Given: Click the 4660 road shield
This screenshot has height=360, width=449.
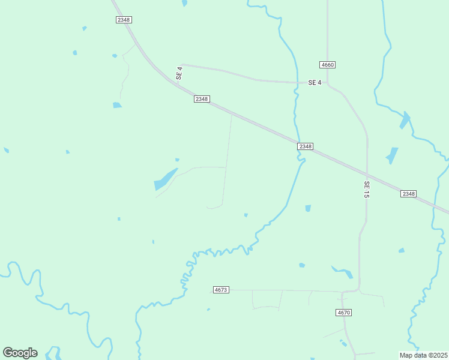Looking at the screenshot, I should (327, 65).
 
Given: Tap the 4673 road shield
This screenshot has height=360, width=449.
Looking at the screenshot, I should (221, 290).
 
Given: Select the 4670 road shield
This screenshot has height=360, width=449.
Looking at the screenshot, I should (343, 313).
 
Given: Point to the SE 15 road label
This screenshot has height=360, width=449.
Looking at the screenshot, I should (366, 190).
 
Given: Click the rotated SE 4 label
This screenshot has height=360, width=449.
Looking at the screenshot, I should (179, 74).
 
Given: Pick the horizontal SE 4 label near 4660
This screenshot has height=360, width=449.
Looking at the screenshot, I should (315, 82).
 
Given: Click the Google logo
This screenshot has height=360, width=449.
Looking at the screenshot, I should (20, 353).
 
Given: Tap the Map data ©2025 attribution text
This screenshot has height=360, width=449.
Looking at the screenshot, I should (424, 355).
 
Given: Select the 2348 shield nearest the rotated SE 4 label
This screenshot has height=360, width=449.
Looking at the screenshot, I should (202, 99).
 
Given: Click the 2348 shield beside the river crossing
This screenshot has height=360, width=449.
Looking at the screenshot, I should (306, 146).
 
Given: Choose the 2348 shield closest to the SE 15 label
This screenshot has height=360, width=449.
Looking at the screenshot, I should (408, 193).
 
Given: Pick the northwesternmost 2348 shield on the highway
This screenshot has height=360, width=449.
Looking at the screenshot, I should (124, 20).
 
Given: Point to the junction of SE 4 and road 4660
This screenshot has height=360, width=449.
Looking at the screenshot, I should (327, 83).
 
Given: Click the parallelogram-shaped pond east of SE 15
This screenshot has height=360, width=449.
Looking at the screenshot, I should (393, 155).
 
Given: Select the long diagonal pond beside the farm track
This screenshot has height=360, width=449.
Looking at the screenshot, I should (166, 179).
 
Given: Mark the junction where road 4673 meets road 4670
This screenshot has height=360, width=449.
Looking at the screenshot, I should (343, 292).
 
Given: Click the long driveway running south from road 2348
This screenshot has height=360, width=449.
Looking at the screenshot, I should (228, 159).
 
